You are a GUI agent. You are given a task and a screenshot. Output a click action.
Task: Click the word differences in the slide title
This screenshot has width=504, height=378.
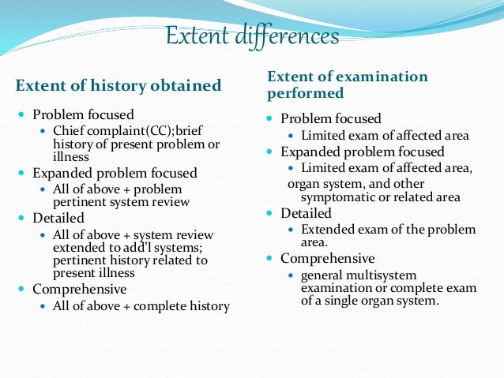click(x=289, y=37)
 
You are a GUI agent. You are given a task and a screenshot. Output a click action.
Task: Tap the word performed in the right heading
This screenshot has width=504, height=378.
click(x=306, y=93)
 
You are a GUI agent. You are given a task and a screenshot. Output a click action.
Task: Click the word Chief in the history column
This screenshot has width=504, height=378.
click(x=69, y=129)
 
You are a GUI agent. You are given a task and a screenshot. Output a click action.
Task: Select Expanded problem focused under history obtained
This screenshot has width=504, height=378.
click(x=115, y=173)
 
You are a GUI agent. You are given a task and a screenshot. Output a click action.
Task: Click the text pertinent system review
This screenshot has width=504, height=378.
click(x=122, y=201)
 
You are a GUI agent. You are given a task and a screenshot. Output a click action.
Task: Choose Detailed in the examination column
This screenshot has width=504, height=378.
click(x=307, y=213)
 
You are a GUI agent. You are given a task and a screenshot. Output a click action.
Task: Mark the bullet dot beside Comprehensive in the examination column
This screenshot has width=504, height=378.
click(x=270, y=259)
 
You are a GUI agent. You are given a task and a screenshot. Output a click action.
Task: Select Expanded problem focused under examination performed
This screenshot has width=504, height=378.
click(x=363, y=152)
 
